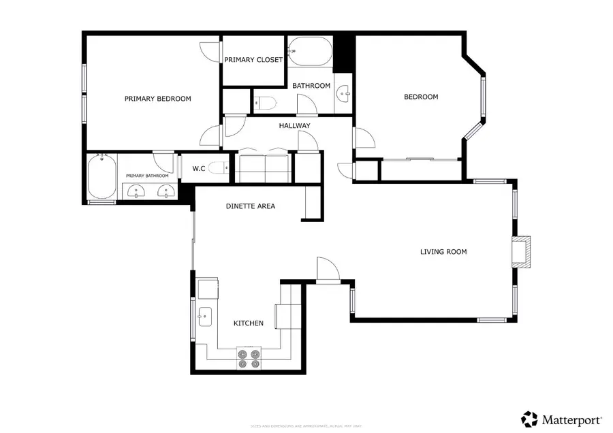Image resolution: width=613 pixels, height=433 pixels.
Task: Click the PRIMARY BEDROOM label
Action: (157, 99)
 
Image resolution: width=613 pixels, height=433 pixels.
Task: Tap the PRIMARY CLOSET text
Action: (253, 60)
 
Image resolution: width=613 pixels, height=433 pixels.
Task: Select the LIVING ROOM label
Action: (443, 252)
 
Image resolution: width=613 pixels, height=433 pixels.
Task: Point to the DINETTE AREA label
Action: (251, 206)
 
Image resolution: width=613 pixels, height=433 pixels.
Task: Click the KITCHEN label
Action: (249, 323)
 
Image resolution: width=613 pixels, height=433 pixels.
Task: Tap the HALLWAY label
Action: (294, 126)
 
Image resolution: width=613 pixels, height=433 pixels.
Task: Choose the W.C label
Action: (199, 168)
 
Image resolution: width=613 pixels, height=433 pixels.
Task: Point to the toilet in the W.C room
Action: (217, 168)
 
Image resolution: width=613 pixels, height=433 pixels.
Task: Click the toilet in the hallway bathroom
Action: (266, 103)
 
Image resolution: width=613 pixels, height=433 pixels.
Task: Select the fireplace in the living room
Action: (522, 251)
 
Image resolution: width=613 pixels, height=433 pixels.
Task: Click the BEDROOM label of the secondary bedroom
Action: (421, 97)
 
